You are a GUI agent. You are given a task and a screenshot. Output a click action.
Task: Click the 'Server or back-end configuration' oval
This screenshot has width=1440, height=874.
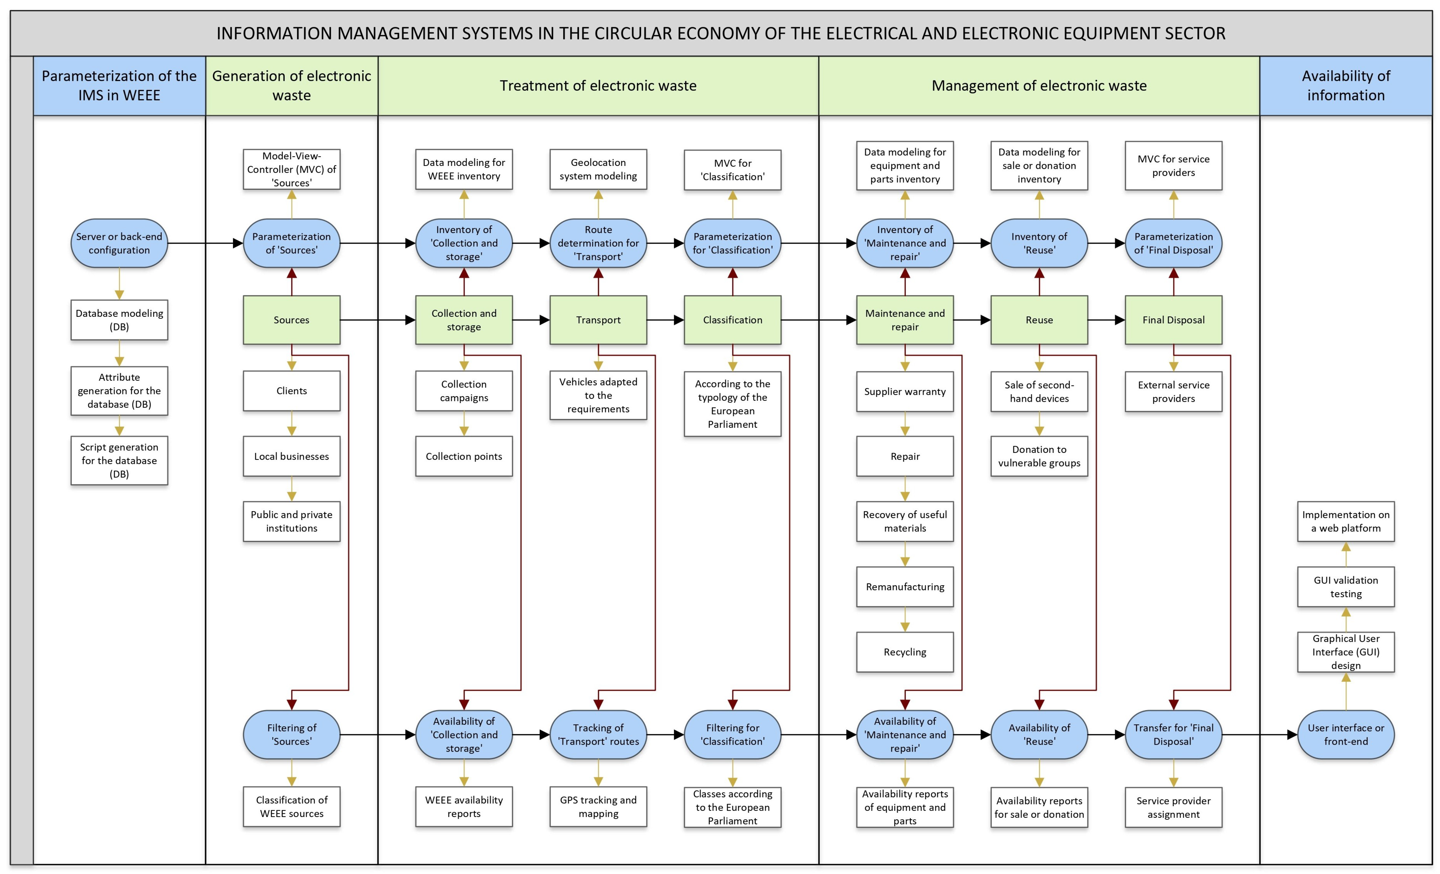[119, 243]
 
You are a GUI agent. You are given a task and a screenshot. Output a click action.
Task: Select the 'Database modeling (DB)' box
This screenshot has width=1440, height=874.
[119, 320]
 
